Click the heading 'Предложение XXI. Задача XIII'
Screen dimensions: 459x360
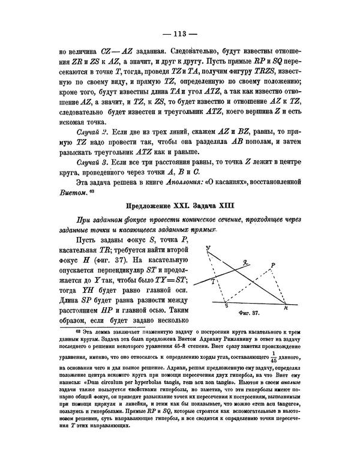(x=179, y=206)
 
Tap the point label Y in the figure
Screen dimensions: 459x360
(x=208, y=248)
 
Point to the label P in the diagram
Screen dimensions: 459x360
(x=273, y=265)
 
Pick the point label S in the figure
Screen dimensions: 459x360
(x=226, y=307)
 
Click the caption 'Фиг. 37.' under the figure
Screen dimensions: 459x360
(x=248, y=313)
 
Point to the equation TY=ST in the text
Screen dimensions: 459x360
(x=169, y=280)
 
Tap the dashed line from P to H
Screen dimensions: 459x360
(x=280, y=286)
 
